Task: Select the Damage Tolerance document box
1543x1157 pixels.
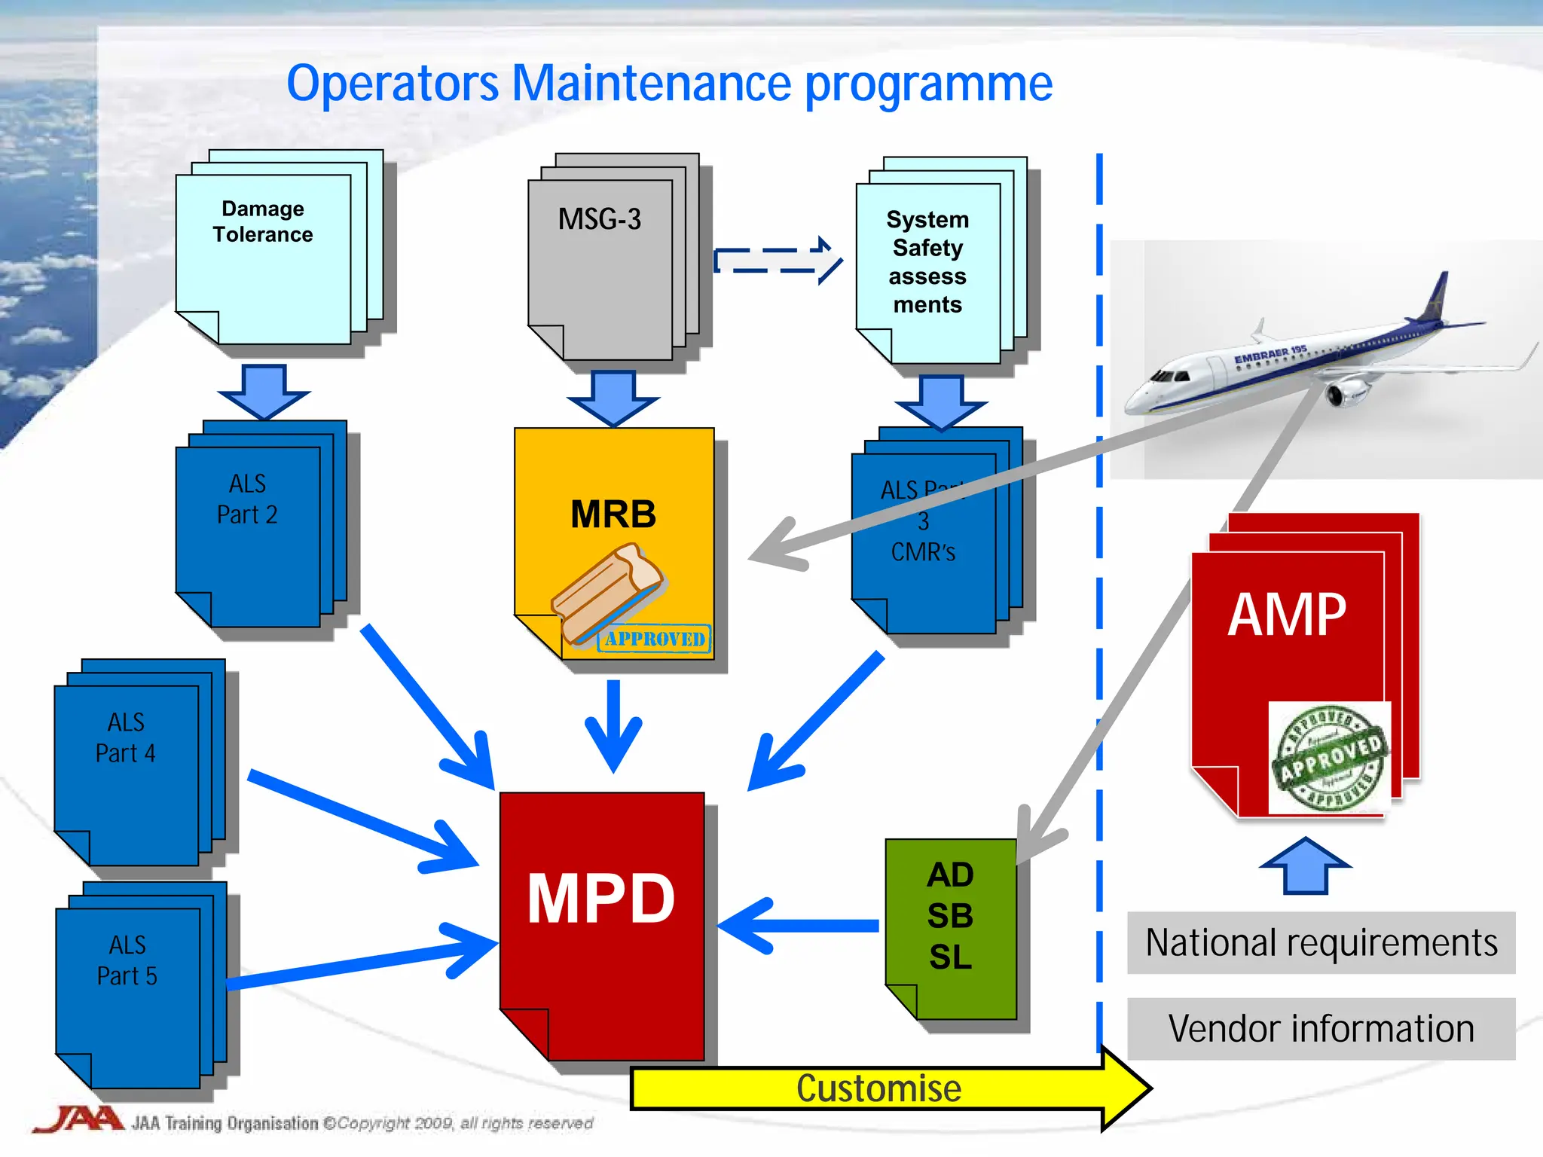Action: pos(263,249)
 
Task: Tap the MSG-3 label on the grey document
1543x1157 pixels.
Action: pos(599,219)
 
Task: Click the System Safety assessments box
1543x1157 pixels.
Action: pos(927,262)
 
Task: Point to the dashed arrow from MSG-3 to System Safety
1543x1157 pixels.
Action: pos(776,261)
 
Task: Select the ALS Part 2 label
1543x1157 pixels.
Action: pos(247,499)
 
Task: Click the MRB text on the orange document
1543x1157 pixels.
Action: pos(613,514)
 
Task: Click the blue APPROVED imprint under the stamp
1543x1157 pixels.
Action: pos(655,640)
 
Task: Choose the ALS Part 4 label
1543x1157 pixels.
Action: pos(126,737)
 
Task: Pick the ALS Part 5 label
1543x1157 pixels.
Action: pos(127,960)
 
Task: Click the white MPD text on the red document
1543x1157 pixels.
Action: pos(600,899)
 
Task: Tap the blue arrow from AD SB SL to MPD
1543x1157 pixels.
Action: pos(799,926)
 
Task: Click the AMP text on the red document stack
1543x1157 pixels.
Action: pos(1287,615)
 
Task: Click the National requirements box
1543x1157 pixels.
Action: pos(1321,943)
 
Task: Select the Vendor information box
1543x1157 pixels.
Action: pos(1321,1029)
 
